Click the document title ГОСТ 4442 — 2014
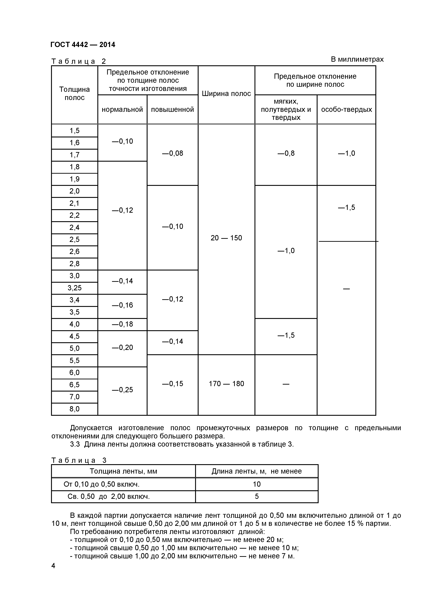tap(83, 45)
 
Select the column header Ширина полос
tap(226, 94)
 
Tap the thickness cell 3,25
tap(75, 288)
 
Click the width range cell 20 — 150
tap(226, 238)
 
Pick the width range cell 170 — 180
tap(226, 384)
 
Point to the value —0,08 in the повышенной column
tap(172, 153)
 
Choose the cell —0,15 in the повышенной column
tap(172, 384)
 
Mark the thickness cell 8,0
tap(75, 409)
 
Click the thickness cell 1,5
tap(75, 131)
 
